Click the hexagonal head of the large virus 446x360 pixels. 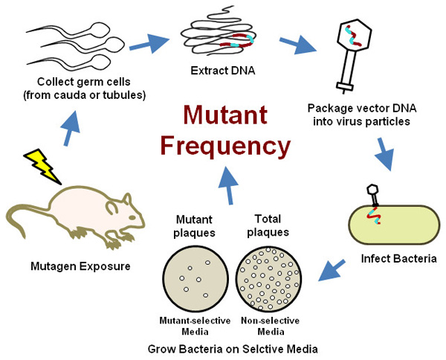point(349,34)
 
